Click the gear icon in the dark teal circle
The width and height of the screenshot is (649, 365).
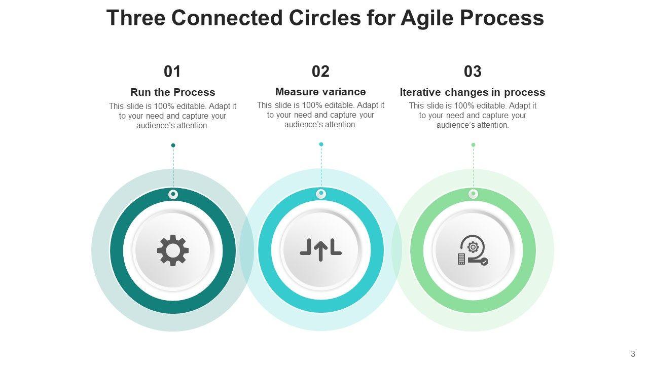click(x=173, y=250)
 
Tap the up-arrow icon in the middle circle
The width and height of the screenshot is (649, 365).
click(x=320, y=250)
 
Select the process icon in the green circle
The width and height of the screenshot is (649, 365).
click(x=473, y=250)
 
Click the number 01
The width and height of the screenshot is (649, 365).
click(x=172, y=71)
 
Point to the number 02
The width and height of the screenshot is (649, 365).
click(x=320, y=71)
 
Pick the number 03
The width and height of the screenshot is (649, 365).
click(x=473, y=71)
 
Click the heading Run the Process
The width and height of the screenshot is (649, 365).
click(x=172, y=92)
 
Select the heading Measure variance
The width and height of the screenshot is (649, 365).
click(x=320, y=92)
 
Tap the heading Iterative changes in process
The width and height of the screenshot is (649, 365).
click(x=473, y=92)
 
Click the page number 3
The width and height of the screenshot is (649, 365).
click(x=633, y=354)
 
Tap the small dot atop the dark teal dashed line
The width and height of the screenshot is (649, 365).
click(x=173, y=145)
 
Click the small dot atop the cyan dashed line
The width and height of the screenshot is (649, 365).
click(x=321, y=144)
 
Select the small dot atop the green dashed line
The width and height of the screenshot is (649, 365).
click(x=473, y=145)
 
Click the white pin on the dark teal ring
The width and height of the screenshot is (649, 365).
click(x=173, y=194)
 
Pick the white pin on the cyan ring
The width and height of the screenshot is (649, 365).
click(x=321, y=194)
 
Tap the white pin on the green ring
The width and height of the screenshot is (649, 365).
click(x=473, y=194)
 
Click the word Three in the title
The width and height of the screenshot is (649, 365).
click(x=136, y=18)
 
